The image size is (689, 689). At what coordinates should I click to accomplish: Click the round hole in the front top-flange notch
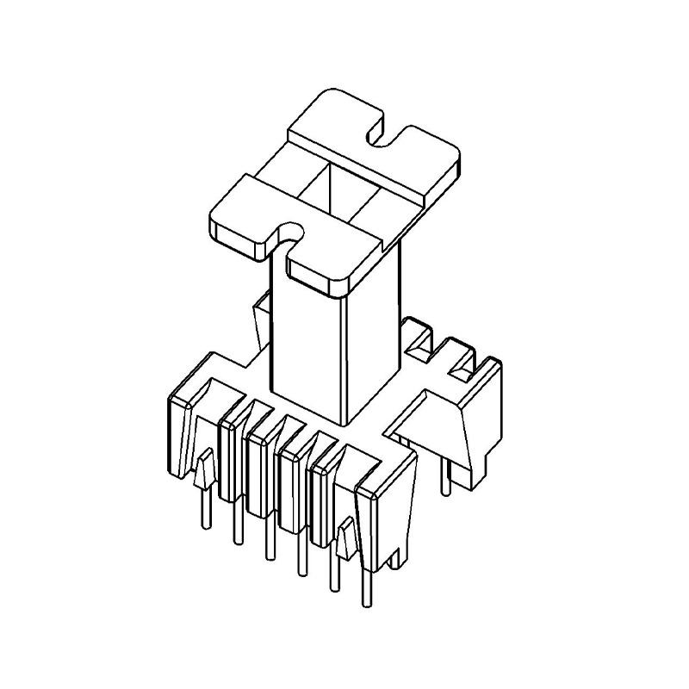290,231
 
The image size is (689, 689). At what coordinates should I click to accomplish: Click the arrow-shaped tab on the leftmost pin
203,471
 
